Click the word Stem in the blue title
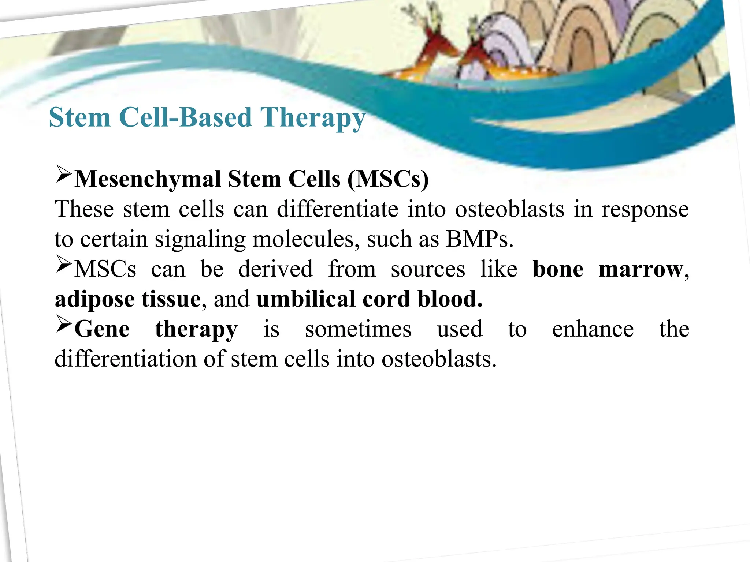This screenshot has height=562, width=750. pos(79,118)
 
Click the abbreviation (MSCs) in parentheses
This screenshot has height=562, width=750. pos(388,179)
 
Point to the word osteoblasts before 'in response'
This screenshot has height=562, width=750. pos(509,210)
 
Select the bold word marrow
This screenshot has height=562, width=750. pos(641,270)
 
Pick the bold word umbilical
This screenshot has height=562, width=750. pos(306,299)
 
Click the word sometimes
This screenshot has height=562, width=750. pos(358,329)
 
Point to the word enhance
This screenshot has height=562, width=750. pos(593,329)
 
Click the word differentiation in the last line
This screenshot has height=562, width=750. pos(125,359)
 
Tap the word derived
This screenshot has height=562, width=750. pos(275,270)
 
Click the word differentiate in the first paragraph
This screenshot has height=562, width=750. pos(337,210)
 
